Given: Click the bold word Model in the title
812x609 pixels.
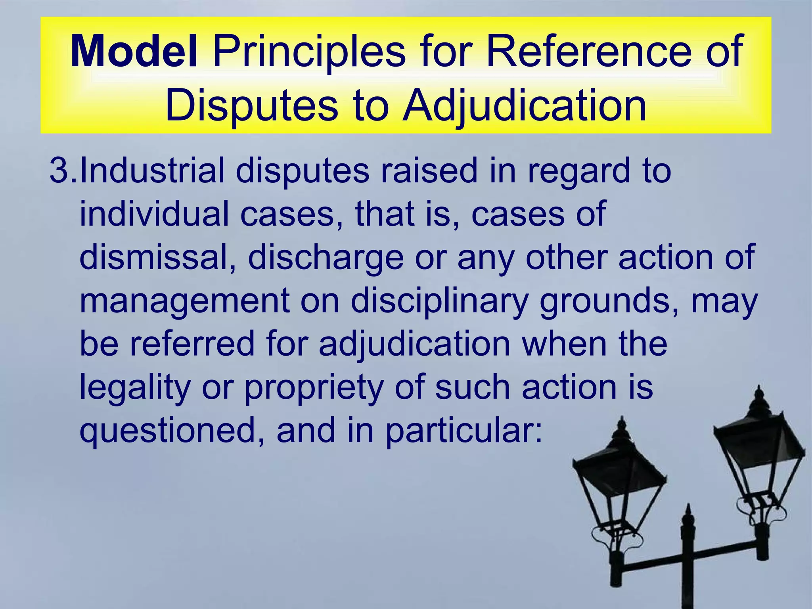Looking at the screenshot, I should point(134,52).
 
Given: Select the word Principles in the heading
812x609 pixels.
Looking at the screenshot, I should point(309,52).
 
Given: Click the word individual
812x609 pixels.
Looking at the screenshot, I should point(154,214).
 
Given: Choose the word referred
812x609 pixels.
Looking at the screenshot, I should point(192,343).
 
